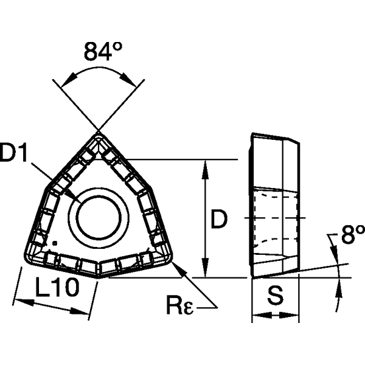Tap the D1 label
pos(16,155)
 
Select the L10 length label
pos(58,287)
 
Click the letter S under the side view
pos(276,296)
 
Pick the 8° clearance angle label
pos(352,235)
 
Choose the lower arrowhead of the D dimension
pos(207,273)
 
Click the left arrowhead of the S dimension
pos(256,316)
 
